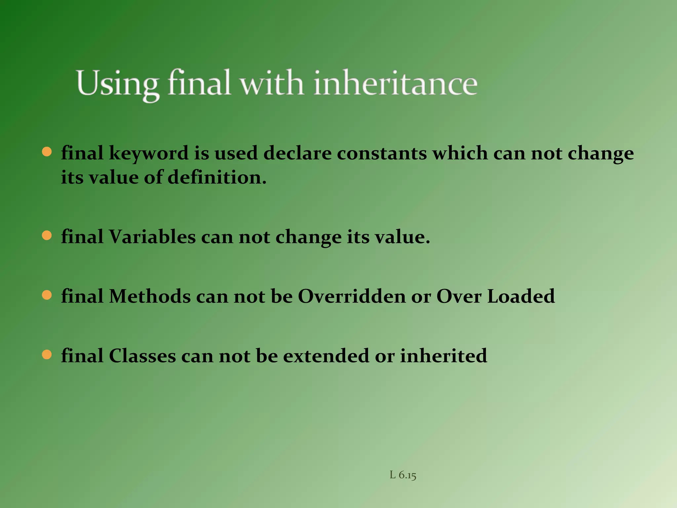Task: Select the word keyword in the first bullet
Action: (x=148, y=154)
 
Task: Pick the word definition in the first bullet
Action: (x=217, y=178)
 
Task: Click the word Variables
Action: (x=152, y=237)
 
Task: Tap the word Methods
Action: (x=150, y=296)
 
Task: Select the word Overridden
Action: (x=351, y=296)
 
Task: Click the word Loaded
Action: (x=521, y=296)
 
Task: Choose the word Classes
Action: (x=142, y=356)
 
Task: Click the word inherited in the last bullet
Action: (x=443, y=356)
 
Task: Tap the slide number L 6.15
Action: (x=403, y=475)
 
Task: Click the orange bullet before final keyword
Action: (x=47, y=152)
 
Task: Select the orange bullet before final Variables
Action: (x=47, y=236)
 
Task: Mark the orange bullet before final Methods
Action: (x=47, y=295)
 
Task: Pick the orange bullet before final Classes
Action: (x=47, y=355)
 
